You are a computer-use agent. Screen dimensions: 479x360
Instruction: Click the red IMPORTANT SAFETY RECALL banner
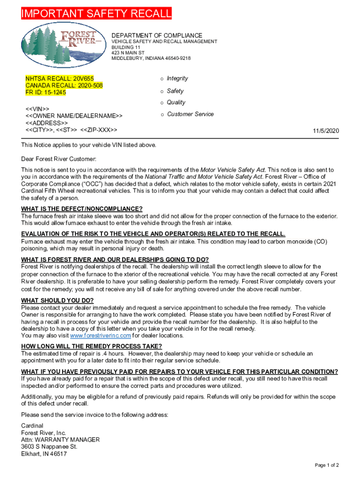coord(96,15)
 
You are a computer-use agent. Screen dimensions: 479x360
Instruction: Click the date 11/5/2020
coord(326,131)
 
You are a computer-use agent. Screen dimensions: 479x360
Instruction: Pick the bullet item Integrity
coord(177,79)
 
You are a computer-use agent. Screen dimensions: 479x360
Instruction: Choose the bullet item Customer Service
coord(190,114)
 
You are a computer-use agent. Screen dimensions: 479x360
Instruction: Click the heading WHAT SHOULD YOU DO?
coord(58,301)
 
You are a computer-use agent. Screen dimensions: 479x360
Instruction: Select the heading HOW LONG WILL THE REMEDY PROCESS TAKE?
coord(92,346)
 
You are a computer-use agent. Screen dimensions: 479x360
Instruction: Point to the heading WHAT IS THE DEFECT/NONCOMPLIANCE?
coord(82,209)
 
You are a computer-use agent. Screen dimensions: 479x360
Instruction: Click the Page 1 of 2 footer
coord(327,465)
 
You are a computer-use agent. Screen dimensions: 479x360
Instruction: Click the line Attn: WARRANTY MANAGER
coord(60,440)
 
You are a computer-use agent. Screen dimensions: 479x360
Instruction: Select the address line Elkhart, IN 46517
coord(44,454)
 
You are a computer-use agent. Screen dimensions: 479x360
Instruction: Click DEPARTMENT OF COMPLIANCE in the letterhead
coord(157,36)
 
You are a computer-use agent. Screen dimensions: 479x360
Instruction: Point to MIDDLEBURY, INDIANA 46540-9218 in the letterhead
coord(151,58)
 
